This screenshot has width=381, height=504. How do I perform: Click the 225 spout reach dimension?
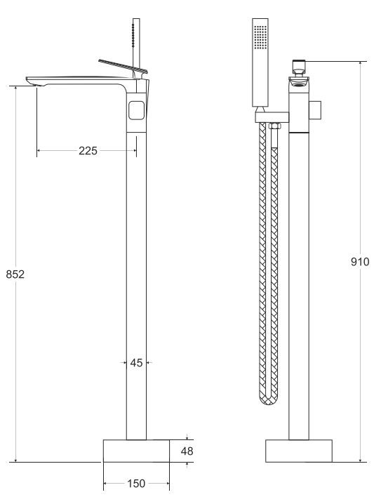point(88,150)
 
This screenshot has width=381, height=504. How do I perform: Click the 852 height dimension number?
point(15,274)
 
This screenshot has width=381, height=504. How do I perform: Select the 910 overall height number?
point(360,262)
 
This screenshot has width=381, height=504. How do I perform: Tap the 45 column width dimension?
point(136,363)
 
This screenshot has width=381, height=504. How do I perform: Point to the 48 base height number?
point(187,451)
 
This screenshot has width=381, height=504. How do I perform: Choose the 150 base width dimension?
point(136,483)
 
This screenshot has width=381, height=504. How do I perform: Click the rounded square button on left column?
point(137,110)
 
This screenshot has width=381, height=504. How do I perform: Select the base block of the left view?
point(136,451)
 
